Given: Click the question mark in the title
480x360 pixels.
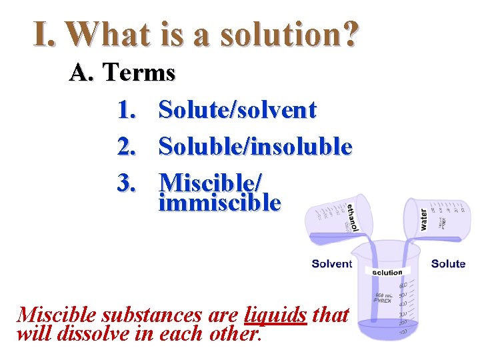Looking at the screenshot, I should tap(349, 33).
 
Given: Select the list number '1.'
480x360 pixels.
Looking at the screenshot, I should tap(127, 110).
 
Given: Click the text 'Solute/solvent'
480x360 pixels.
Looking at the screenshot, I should tap(237, 110).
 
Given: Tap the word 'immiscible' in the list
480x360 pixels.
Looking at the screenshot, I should tap(220, 201).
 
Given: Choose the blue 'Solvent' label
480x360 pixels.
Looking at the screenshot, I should tap(331, 264).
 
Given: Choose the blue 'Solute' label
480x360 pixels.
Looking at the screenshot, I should tap(448, 264).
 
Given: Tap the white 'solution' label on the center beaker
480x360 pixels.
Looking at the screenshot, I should tap(387, 272).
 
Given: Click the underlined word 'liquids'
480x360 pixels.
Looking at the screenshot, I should tap(276, 313).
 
